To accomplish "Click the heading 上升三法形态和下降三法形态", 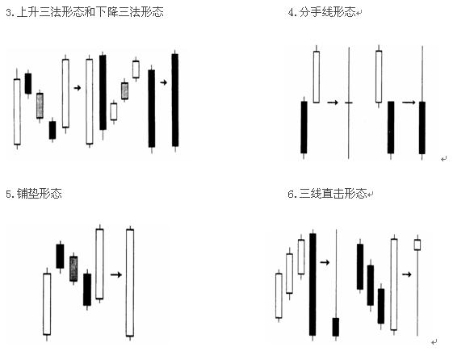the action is coord(90,12).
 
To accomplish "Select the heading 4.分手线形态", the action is coord(322,12).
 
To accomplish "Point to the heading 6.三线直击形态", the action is coord(327,194).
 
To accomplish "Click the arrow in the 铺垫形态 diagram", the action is coord(116,274).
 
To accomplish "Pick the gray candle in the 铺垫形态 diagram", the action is coord(73,269).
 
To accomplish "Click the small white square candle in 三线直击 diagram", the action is coord(417,245).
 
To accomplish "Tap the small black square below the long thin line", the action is coord(335,327).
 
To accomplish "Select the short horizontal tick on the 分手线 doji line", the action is coord(349,103).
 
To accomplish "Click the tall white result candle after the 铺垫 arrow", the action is coord(130,283).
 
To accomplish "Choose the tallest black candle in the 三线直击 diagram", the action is coord(312,285).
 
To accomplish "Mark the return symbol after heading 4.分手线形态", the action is coord(359,13).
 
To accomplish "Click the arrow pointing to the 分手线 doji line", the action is coord(333,103).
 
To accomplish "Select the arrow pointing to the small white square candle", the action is coord(406,274).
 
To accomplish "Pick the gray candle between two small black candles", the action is coord(40,106).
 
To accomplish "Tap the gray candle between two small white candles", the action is coord(124,91).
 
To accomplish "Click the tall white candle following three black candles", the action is coord(394,284).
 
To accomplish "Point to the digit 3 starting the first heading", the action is coord(9,13).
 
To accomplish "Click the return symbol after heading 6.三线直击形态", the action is coord(371,194).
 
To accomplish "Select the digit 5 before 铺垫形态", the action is coord(9,194).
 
